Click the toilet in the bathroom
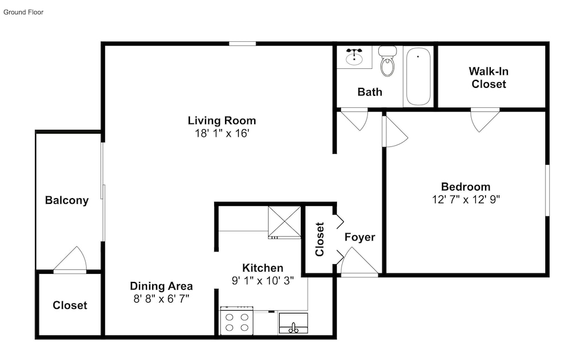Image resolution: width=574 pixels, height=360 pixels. (387, 61)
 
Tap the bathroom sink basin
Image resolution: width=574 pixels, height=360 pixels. (354, 59)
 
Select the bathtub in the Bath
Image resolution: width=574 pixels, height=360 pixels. (418, 76)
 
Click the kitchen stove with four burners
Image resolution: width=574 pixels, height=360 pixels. (236, 320)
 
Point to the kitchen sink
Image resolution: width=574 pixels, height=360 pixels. (293, 323)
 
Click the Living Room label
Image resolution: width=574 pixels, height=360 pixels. (222, 121)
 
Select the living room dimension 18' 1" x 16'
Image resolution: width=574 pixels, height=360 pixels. (222, 133)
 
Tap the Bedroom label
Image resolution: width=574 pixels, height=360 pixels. (466, 187)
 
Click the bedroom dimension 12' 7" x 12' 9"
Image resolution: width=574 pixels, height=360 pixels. (466, 200)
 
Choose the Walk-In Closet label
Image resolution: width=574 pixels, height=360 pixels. (488, 78)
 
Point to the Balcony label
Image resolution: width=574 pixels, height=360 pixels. (67, 200)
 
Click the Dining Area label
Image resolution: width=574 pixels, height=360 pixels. (161, 286)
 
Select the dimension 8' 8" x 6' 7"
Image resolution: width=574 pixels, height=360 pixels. (161, 299)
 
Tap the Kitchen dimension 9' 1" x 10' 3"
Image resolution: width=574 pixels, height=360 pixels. (263, 281)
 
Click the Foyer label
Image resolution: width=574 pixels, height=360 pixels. (360, 237)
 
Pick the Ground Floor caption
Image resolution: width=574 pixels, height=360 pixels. (24, 12)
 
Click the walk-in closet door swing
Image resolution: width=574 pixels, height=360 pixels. (484, 121)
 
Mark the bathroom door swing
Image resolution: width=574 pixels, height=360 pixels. (354, 120)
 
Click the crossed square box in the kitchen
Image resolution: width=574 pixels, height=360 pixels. (285, 222)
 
